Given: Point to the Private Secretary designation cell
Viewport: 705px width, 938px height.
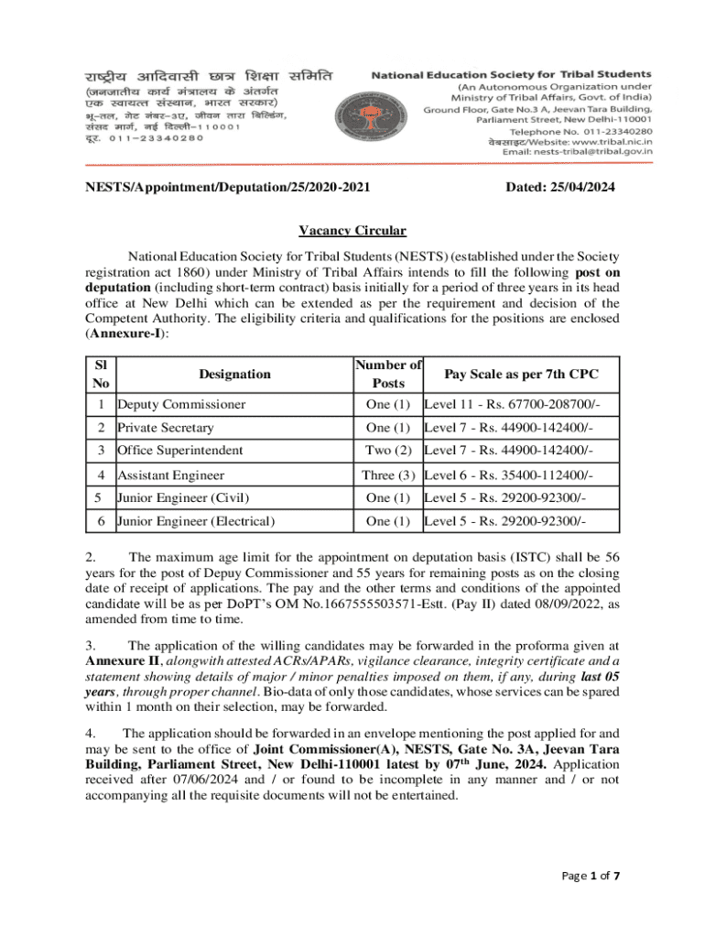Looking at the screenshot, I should click(165, 428).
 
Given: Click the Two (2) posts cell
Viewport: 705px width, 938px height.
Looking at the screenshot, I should click(388, 451).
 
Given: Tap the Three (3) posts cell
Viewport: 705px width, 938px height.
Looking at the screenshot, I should click(388, 474).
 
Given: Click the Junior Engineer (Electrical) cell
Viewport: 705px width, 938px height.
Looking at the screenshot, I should click(195, 521).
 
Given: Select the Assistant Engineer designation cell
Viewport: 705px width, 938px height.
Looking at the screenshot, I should click(169, 474).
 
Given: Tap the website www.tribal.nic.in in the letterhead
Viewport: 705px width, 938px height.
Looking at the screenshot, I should click(603, 141).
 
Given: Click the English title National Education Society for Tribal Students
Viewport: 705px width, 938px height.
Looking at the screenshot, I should click(512, 73).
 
